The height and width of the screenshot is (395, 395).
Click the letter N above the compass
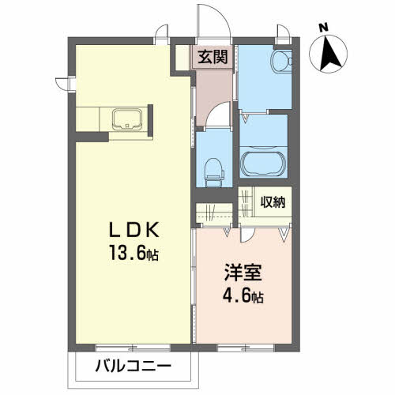322,28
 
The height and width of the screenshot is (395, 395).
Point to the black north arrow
332,54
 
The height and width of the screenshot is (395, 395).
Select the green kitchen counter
110,122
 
